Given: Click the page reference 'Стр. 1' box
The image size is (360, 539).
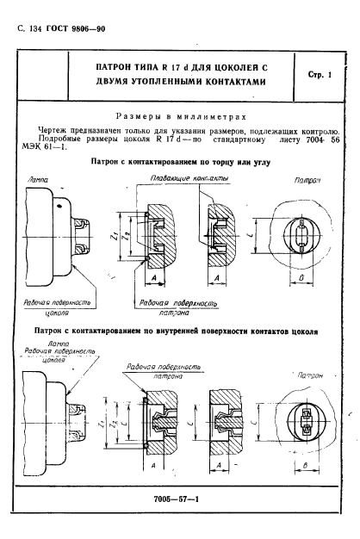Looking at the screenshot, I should (x=319, y=76).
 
